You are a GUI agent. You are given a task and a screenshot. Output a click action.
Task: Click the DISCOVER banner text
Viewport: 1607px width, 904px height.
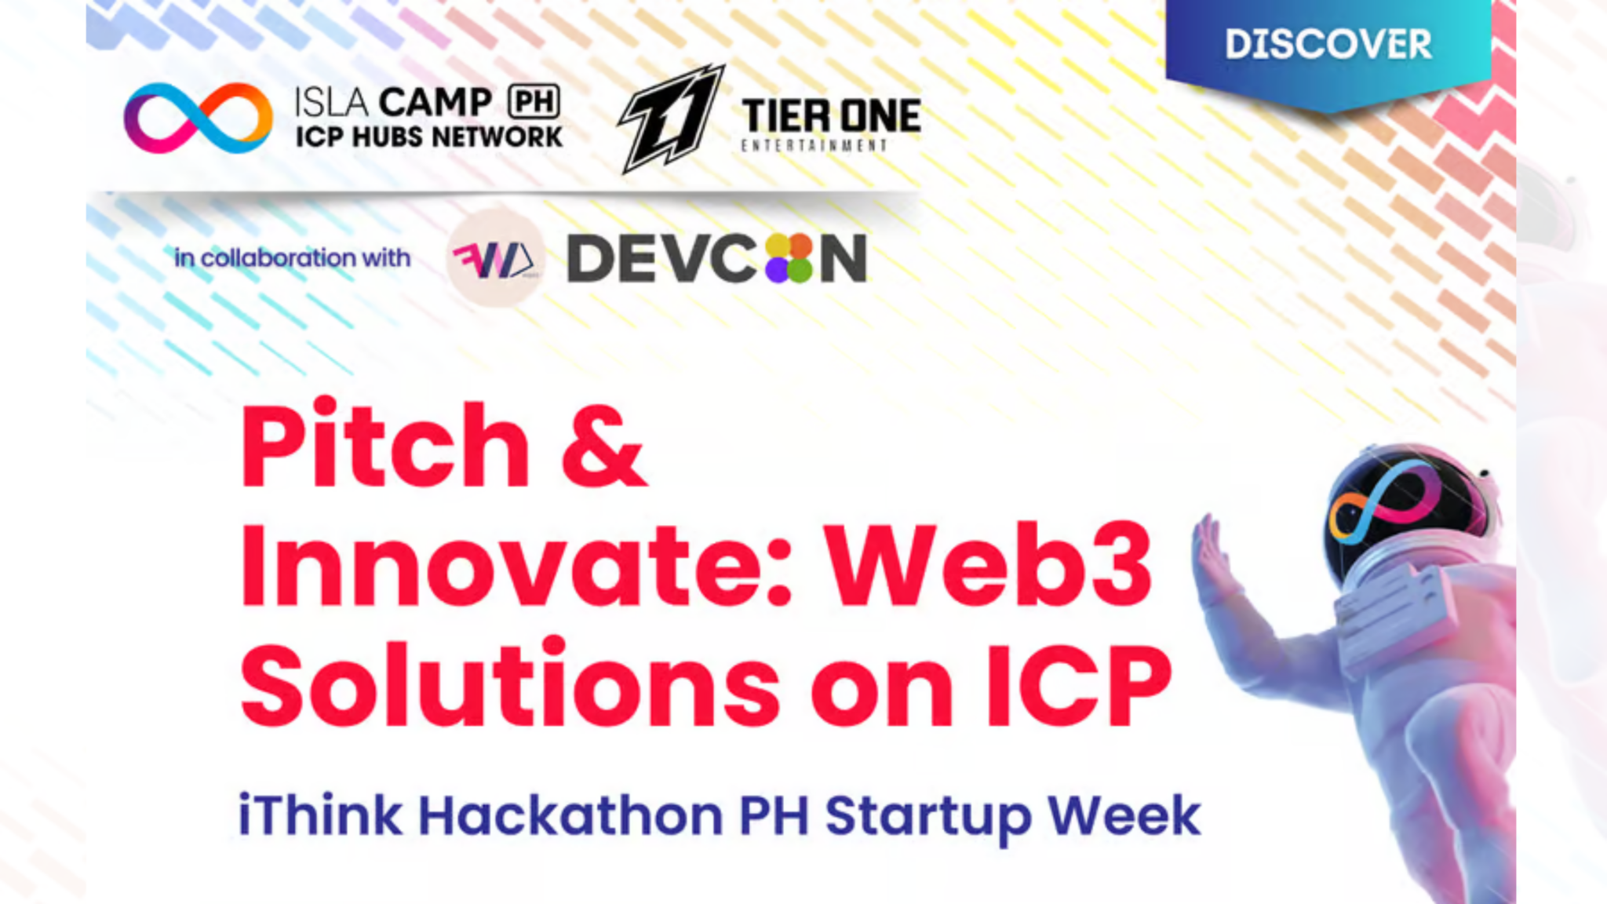coord(1328,44)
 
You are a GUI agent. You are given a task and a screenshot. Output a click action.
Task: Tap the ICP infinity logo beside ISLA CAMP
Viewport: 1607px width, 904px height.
coord(198,118)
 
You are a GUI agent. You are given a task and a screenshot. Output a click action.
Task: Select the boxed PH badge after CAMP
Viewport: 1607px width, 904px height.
coord(534,101)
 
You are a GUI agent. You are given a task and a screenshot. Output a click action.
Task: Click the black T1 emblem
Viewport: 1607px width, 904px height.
coord(671,118)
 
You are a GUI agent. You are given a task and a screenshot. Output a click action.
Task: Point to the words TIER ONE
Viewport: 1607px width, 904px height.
coord(830,116)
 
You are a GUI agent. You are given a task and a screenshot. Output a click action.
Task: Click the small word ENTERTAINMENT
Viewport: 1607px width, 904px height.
coord(814,146)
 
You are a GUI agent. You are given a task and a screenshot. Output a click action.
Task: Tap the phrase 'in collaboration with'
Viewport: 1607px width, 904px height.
coord(292,257)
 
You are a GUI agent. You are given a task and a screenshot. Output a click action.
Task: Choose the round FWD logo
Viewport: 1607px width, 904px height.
coord(495,258)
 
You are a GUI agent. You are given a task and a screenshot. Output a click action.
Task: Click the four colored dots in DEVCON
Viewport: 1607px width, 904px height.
coord(788,258)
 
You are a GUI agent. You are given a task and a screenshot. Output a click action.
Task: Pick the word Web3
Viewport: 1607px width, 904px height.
coord(990,565)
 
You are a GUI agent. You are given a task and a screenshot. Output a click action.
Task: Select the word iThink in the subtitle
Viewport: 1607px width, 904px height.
coord(320,816)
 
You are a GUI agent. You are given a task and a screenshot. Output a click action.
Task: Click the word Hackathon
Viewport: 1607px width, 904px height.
coord(570,816)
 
